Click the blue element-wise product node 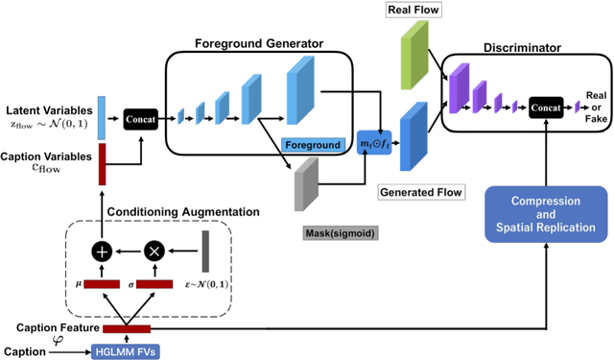(371, 142)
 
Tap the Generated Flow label (420, 191)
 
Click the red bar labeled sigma (155, 284)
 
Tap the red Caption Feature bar (113, 330)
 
